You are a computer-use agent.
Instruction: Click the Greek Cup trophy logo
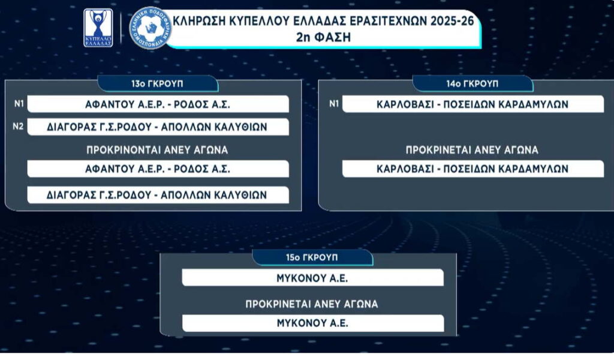98,28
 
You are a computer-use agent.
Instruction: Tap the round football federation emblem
151,28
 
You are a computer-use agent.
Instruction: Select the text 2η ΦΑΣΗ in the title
323,38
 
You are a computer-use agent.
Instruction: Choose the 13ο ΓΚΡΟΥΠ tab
158,84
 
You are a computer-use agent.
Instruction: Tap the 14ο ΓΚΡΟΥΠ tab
472,84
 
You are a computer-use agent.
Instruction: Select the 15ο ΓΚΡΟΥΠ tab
312,257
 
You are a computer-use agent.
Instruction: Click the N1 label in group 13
19,104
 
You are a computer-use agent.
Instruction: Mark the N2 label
18,127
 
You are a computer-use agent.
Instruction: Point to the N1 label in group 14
333,104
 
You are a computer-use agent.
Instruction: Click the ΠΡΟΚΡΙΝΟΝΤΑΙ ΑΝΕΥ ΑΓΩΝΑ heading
157,150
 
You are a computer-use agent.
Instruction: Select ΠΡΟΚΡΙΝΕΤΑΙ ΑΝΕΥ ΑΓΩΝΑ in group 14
472,150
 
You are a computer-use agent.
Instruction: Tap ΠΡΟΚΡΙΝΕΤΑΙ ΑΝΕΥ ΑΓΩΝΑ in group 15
312,304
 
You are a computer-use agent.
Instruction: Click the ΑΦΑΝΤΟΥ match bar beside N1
158,104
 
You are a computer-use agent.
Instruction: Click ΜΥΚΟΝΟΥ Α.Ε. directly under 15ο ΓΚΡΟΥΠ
312,278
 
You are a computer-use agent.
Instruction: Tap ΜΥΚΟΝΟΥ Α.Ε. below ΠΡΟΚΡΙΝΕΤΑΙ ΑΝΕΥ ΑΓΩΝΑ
312,323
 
